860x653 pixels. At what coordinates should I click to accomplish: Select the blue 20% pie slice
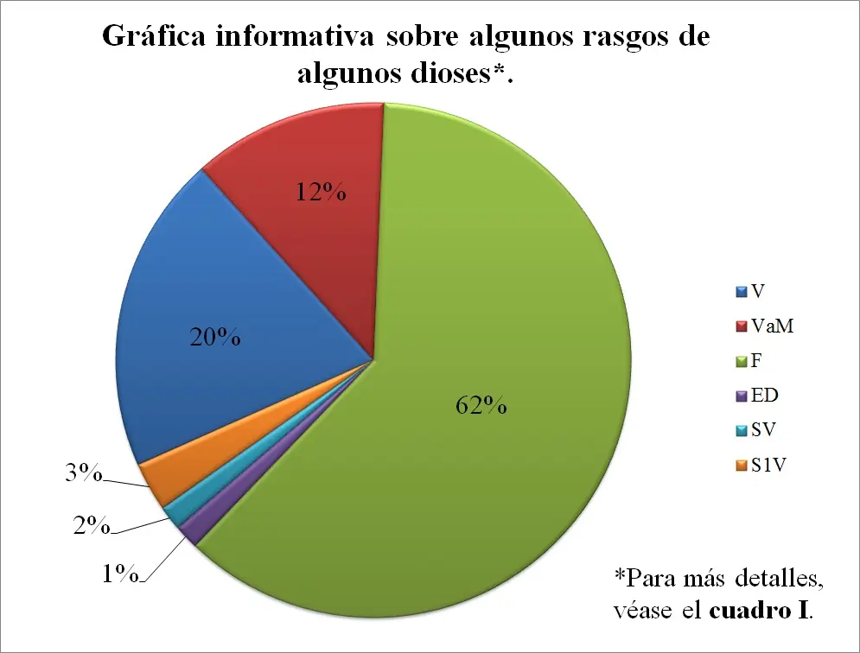coord(233,311)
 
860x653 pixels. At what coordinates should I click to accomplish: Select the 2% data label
coord(91,525)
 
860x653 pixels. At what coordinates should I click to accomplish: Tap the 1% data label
coord(121,573)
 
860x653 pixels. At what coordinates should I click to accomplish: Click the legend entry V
coord(756,292)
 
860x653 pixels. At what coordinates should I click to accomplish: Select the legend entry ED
coord(761,396)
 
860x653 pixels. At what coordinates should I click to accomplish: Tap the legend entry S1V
coord(766,466)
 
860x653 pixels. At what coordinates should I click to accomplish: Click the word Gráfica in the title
coord(154,39)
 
